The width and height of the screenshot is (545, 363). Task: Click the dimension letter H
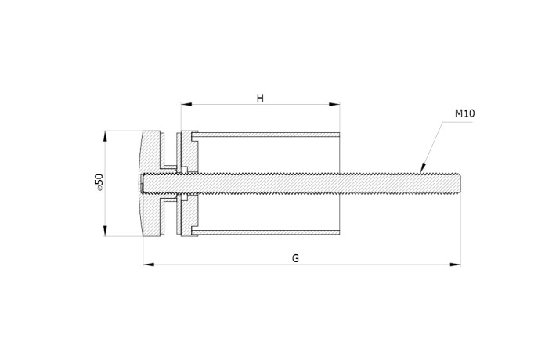[260, 99]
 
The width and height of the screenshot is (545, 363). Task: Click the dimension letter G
[295, 258]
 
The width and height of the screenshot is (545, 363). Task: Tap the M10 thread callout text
[464, 113]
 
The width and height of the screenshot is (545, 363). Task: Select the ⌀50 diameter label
[99, 182]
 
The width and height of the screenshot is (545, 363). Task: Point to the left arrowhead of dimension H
[186, 104]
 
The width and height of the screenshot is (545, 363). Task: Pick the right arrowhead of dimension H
[334, 104]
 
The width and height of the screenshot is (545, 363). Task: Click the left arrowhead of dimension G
[149, 264]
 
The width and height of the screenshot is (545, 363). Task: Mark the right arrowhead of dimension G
[455, 264]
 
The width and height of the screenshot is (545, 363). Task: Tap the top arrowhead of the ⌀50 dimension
[105, 136]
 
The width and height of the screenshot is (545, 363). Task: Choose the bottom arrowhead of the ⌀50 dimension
[105, 231]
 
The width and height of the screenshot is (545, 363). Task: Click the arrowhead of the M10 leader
[423, 168]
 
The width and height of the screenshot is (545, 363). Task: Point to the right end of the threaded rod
[460, 184]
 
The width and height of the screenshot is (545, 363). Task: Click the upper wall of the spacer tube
[265, 135]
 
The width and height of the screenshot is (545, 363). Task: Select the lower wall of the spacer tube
[265, 232]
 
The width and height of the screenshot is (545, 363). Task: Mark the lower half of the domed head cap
[150, 215]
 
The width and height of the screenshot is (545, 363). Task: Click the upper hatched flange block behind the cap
[189, 152]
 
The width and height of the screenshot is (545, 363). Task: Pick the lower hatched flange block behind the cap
[189, 214]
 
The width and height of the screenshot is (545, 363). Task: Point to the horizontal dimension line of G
[302, 264]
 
